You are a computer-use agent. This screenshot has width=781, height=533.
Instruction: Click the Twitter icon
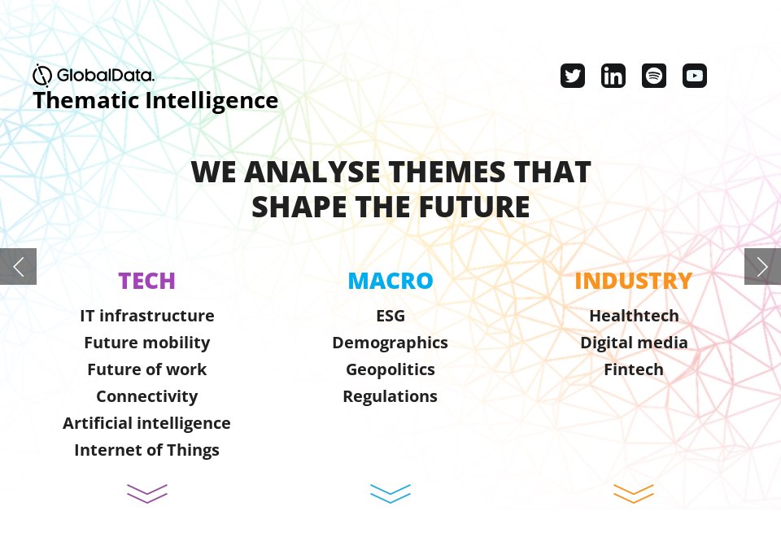tap(573, 76)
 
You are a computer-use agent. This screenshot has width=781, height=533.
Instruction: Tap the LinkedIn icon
tap(613, 76)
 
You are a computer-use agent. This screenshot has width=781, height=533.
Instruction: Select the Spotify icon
tap(654, 76)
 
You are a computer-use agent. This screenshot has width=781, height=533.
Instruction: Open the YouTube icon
tap(695, 76)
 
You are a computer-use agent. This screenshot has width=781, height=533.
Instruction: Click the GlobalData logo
tap(94, 76)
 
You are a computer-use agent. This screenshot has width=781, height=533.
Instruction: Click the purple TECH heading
tap(146, 281)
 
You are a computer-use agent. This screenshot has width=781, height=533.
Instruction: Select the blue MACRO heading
tap(390, 281)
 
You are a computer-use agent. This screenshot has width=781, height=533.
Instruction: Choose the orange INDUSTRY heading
tap(633, 281)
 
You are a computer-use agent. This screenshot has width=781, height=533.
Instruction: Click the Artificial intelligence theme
tap(146, 423)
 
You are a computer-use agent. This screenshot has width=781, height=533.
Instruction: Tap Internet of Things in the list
tap(146, 450)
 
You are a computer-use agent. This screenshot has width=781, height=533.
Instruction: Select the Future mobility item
tap(146, 343)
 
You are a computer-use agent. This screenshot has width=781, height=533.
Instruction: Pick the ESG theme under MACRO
tap(390, 316)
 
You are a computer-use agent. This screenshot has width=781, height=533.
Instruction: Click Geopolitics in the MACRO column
tap(390, 369)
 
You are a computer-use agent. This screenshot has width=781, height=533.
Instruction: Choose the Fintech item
tap(634, 369)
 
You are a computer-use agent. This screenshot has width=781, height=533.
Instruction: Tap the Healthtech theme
tap(634, 316)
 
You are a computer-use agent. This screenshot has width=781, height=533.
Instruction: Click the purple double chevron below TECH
tap(147, 494)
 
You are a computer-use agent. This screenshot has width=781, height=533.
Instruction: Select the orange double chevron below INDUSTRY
tap(634, 494)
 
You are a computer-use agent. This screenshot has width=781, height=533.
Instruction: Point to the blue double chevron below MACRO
tap(390, 494)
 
